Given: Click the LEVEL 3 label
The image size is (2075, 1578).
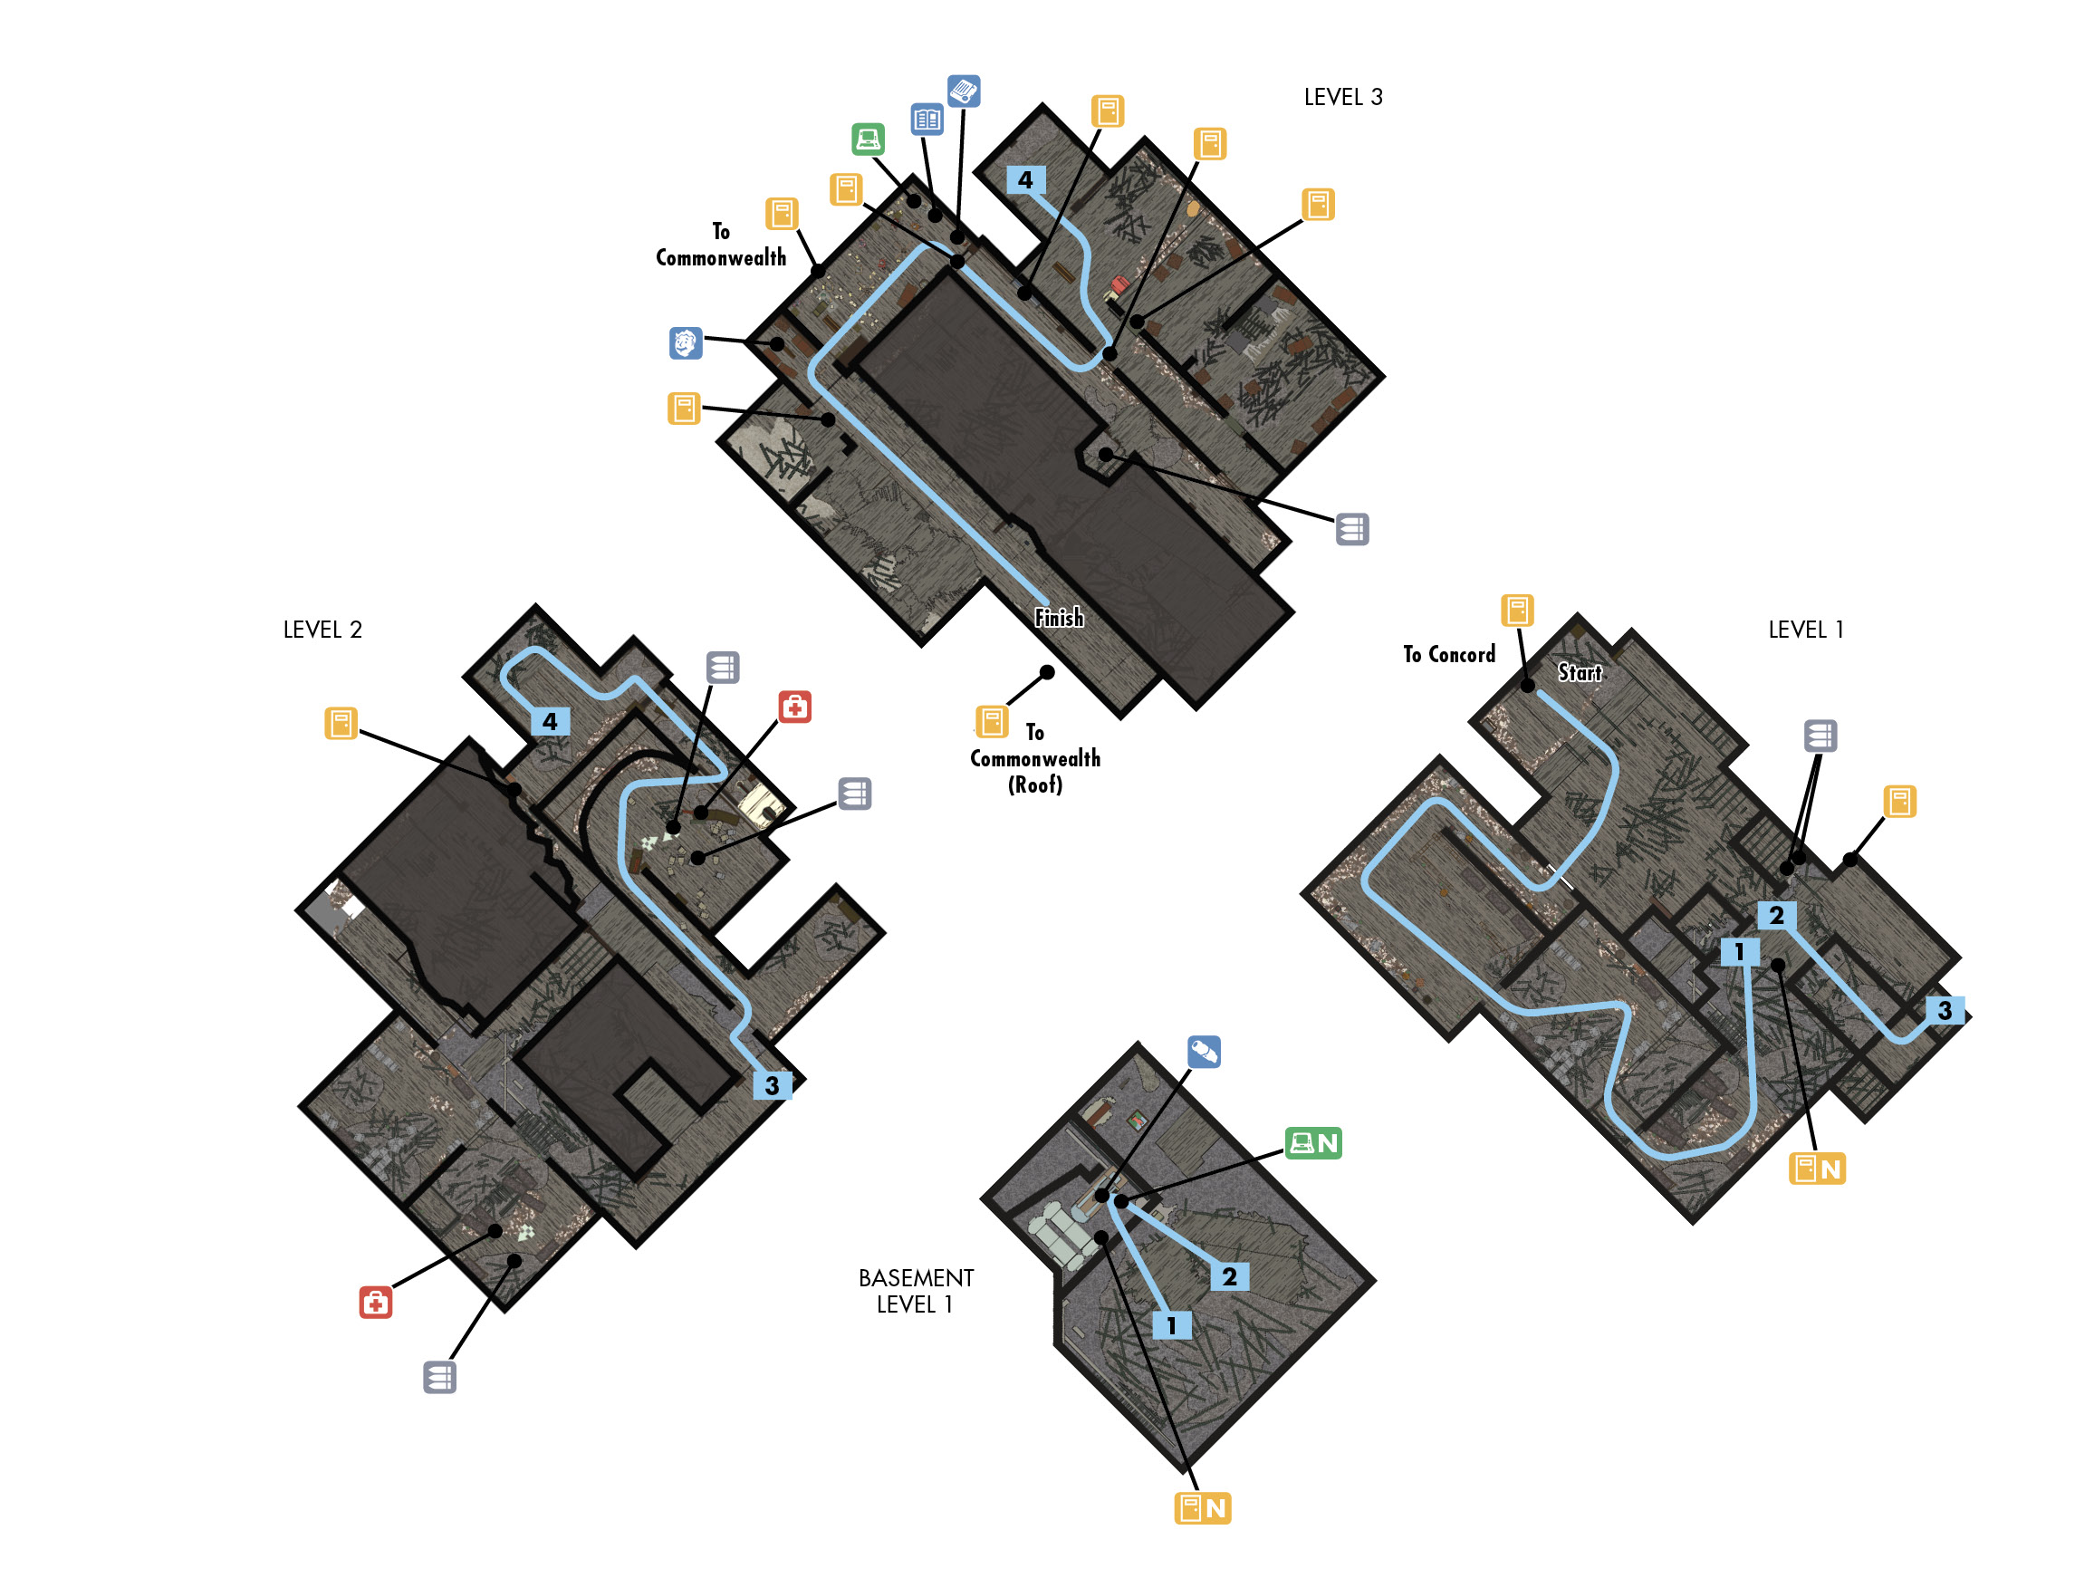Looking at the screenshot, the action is tap(1342, 98).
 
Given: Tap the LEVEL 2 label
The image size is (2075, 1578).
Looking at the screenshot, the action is tap(322, 630).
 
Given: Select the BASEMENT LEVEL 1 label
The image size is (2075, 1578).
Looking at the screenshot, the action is tap(916, 1291).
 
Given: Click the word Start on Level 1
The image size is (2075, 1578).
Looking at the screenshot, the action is tap(1580, 672).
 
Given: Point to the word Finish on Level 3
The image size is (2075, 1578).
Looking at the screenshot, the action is tap(1058, 617).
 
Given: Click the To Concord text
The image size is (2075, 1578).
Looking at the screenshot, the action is tap(1449, 655).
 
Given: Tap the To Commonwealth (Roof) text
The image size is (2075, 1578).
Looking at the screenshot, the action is tap(1034, 758).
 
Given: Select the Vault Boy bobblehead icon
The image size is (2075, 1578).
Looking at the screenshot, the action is tap(686, 342).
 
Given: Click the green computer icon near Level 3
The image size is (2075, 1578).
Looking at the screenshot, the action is tap(868, 139).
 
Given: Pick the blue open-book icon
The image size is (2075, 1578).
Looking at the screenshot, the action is tap(927, 120).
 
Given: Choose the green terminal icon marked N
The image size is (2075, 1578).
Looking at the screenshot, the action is tap(1312, 1143).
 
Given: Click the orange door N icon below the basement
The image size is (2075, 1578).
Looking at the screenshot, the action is tap(1202, 1507).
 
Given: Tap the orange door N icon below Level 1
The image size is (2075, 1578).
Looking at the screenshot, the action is tap(1817, 1169).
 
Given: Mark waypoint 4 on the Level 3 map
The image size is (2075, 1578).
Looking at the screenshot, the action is tap(1025, 179).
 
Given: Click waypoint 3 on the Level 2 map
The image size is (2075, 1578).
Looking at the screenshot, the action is tap(772, 1085).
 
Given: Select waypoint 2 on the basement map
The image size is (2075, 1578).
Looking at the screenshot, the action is tap(1229, 1275).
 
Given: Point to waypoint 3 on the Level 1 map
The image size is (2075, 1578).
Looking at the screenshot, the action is tap(1945, 1010).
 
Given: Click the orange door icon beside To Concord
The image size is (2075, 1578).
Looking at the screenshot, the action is tap(1517, 611).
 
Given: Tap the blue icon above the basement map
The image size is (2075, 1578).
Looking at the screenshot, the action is tap(1204, 1052).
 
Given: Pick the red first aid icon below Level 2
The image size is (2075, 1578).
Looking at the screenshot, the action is tap(376, 1303).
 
